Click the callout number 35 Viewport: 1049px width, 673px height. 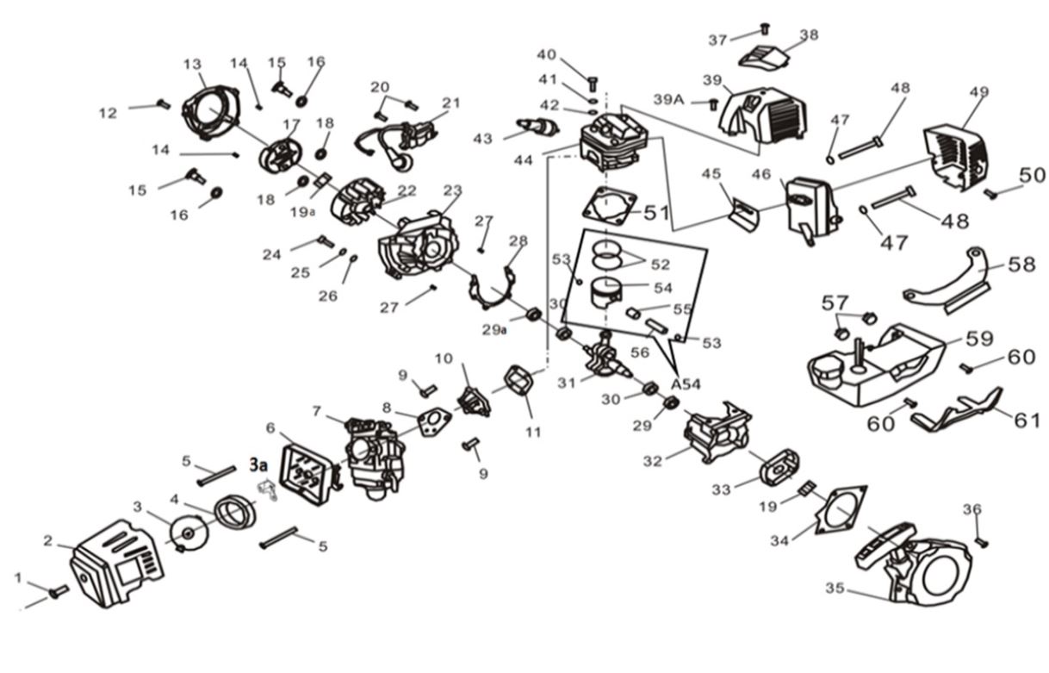click(x=834, y=589)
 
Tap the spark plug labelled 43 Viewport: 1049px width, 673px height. click(x=540, y=129)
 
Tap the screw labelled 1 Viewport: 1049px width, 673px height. click(x=59, y=592)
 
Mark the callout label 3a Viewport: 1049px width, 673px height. click(x=258, y=464)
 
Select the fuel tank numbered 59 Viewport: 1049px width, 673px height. click(x=870, y=366)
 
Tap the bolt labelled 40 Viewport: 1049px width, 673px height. click(x=592, y=84)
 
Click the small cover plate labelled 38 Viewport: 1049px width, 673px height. click(x=765, y=57)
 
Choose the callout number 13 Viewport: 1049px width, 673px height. click(x=192, y=65)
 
